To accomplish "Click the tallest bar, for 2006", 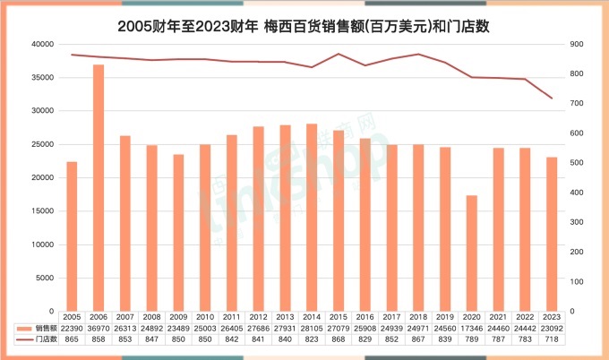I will (99, 188).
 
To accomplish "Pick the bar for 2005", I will (72, 236).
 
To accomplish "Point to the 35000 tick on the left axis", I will (41, 78).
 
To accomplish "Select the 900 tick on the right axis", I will (576, 44).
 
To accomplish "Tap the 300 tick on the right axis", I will (576, 222).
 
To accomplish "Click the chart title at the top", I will (304, 27).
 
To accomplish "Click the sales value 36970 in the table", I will (99, 329).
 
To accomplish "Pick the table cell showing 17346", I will (472, 329).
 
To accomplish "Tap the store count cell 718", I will (552, 340).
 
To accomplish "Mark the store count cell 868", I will (339, 340).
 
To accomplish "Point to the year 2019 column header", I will (445, 317).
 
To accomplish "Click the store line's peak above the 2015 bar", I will (339, 54).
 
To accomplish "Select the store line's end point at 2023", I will (552, 99).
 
